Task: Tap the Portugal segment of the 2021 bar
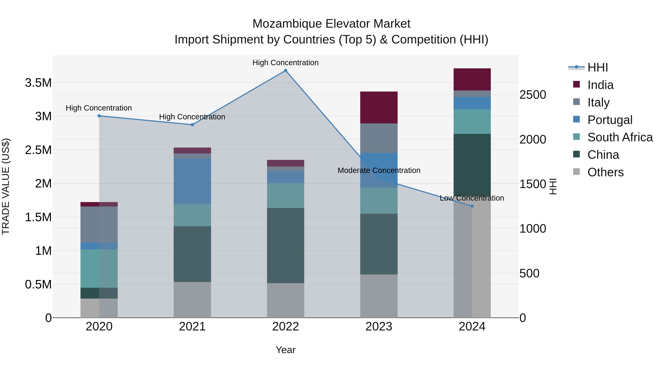tap(192, 181)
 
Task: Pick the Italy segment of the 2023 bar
tap(379, 138)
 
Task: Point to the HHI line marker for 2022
tap(285, 71)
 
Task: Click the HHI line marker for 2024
tap(472, 206)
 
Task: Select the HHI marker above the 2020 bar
tap(99, 116)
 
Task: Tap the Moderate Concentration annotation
tap(379, 170)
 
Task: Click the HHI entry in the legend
tap(597, 67)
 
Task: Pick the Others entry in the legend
tap(605, 172)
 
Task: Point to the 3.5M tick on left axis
tap(38, 83)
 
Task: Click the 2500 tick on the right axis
tap(532, 95)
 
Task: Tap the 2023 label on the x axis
tap(379, 327)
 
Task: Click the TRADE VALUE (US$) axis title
tap(6, 186)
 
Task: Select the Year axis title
tap(285, 350)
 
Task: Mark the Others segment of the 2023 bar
tap(379, 296)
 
